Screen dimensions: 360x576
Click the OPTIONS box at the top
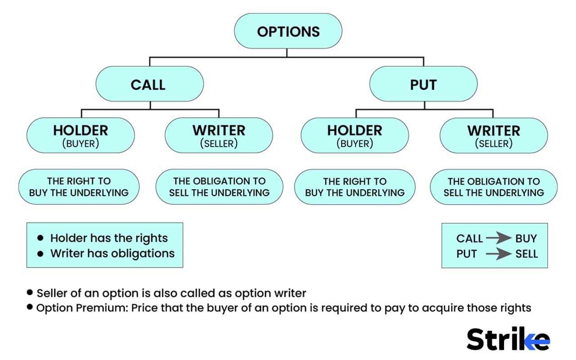pos(288,31)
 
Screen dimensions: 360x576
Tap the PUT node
pos(423,84)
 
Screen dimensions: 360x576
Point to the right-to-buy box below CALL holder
pos(79,187)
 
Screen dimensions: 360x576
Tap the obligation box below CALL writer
pos(219,187)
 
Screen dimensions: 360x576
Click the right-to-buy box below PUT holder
pos(355,187)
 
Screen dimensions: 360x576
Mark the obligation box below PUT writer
pos(494,187)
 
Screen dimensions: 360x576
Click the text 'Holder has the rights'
pos(109,238)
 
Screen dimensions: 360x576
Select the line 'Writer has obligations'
pos(112,253)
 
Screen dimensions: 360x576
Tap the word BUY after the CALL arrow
pos(526,238)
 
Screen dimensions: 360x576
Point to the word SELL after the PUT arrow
pos(526,254)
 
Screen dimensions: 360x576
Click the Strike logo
pos(508,339)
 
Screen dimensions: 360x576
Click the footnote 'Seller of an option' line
pos(171,293)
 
